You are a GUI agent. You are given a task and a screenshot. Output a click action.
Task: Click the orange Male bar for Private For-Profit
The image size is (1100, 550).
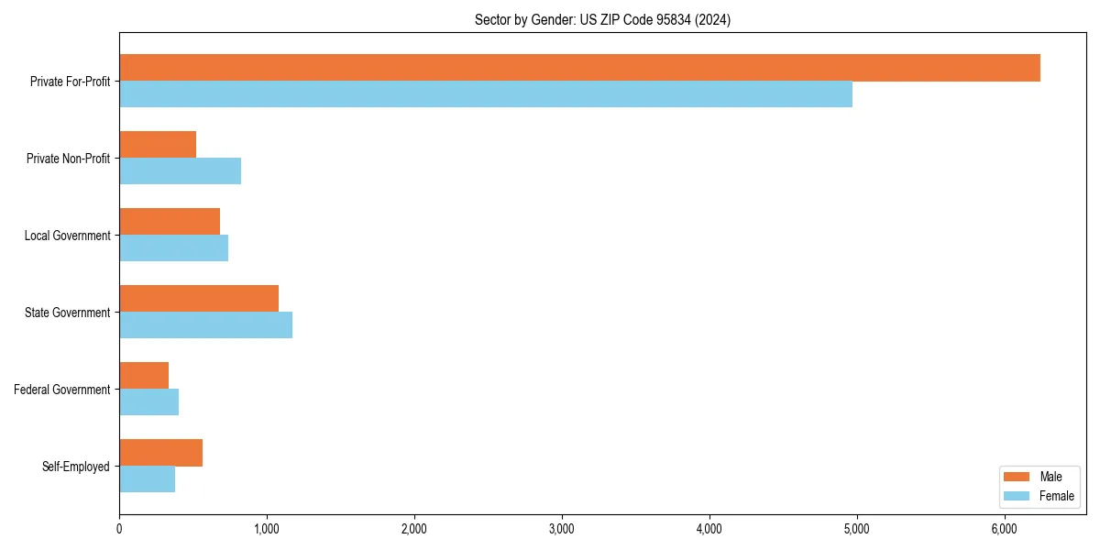coord(579,68)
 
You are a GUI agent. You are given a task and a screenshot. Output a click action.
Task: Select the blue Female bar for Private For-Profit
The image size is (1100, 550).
coord(486,94)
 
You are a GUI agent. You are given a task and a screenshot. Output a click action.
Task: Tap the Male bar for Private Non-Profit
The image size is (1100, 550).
coord(158,145)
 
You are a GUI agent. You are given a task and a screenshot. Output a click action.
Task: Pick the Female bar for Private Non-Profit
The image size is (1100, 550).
coord(180,171)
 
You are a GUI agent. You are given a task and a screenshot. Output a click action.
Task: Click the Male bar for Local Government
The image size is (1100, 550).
coord(170,222)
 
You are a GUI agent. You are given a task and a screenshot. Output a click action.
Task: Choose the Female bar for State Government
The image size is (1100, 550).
coord(205,325)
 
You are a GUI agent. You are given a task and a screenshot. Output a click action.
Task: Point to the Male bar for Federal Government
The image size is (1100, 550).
coord(144,376)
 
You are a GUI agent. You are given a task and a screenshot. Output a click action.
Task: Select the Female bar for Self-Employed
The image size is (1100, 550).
coord(147,479)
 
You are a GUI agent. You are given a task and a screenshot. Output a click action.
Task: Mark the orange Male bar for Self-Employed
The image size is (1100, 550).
coord(160,453)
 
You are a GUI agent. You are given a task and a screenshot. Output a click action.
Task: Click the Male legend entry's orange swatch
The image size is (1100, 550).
coord(1017,477)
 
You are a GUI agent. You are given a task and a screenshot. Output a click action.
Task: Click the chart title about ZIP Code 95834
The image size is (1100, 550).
coord(602,19)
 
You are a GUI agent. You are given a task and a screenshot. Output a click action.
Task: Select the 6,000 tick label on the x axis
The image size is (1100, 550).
coord(1005,528)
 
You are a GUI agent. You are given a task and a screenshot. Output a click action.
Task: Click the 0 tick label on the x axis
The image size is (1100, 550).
coord(119,528)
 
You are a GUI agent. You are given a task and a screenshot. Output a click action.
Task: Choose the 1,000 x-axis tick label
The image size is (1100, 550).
coord(267,528)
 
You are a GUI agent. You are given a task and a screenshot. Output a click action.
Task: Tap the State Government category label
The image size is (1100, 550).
coord(67,313)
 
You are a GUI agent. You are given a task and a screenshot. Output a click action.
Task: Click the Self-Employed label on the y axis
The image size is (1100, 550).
coord(76,467)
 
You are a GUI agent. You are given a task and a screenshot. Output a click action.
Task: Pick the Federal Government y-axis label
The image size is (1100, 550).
coord(62,390)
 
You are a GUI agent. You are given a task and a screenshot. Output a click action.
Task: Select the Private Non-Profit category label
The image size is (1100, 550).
coord(68,159)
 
